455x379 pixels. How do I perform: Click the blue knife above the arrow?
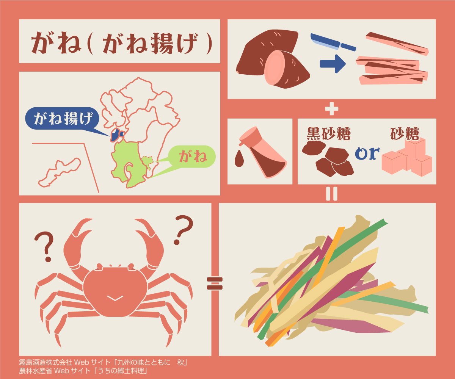tap(333, 42)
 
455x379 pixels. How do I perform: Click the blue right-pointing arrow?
tap(333, 64)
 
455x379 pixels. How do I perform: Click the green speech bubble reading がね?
tap(192, 157)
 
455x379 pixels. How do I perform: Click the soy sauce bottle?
tap(263, 152)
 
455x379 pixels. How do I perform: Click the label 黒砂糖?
tap(328, 133)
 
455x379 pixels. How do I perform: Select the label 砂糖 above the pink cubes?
tap(405, 133)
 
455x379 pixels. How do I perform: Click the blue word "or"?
tap(367, 153)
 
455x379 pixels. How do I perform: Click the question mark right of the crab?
tap(183, 230)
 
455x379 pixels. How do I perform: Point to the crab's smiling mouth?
tap(115, 298)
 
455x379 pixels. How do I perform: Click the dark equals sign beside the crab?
tap(215, 283)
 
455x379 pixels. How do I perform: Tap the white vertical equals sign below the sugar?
tap(331, 193)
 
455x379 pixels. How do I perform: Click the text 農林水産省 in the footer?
tap(36, 370)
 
